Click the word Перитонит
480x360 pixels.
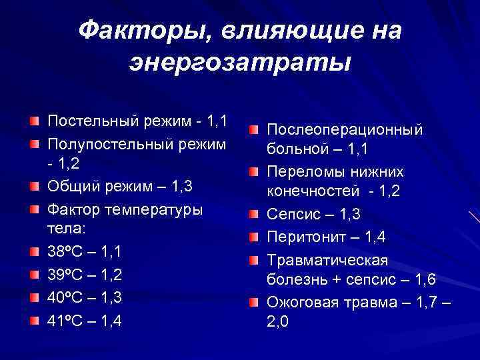304,237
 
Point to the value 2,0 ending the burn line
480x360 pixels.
279,323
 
